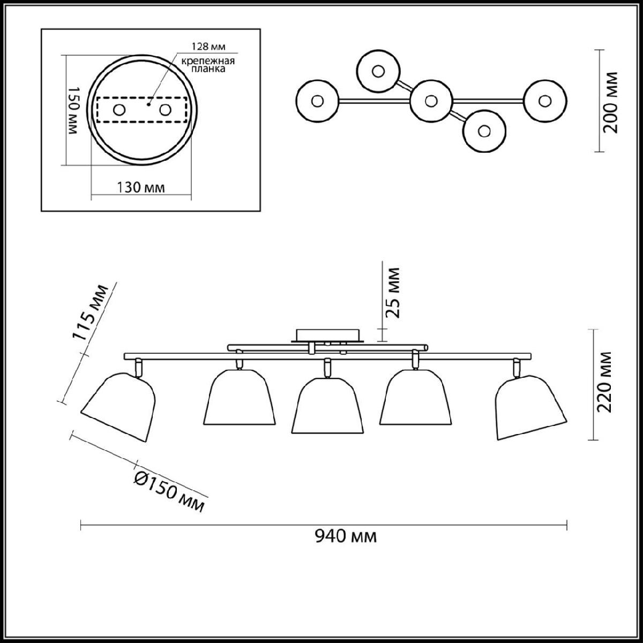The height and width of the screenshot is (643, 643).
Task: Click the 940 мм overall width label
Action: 346,537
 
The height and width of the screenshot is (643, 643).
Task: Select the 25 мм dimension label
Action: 392,293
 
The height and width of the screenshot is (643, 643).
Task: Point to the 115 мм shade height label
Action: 90,312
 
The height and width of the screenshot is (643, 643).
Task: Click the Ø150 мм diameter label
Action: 169,495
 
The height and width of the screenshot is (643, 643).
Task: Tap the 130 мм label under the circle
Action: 140,188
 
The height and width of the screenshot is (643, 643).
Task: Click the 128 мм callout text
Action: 209,47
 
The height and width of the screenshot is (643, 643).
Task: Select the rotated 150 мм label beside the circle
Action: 73,111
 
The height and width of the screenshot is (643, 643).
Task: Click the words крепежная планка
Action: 208,65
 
